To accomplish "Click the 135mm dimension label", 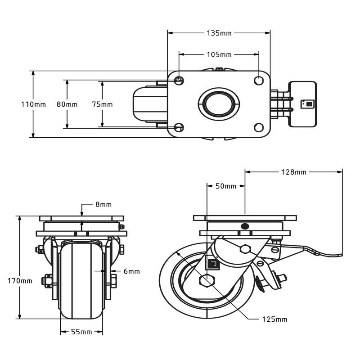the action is click(219, 33).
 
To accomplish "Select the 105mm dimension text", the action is click(219, 54).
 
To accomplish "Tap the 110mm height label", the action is click(33, 104).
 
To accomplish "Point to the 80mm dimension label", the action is click(67, 104).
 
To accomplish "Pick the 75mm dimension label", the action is click(102, 104).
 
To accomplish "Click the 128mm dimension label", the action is click(294, 172).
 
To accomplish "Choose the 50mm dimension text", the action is click(226, 186).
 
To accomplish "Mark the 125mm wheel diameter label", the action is click(275, 319).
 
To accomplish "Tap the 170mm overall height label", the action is click(20, 281).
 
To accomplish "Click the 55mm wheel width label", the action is click(81, 332).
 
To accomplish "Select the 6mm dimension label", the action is click(131, 271).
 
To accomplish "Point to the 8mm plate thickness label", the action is click(103, 204).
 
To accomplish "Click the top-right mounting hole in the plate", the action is click(259, 81).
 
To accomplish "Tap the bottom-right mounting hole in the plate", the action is click(259, 127).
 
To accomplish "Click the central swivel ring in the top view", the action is click(219, 104).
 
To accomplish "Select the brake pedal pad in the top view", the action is click(302, 104).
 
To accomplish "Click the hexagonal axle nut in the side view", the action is click(207, 280).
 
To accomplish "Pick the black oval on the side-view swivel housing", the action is click(245, 226).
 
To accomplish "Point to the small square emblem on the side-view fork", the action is click(212, 263).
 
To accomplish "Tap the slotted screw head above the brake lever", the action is click(275, 250).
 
